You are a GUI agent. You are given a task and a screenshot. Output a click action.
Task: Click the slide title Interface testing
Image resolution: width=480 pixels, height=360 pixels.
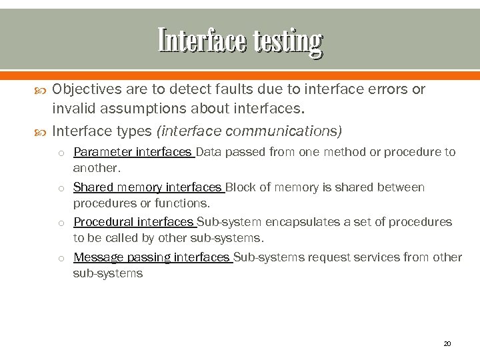pos(240,41)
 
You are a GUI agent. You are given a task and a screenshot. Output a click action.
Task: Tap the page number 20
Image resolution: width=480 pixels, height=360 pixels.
pos(447,343)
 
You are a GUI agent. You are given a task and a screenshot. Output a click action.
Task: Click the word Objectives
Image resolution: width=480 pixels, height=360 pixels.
pos(84,89)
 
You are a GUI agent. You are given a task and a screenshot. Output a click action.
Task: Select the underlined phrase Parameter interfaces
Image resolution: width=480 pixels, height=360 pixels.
pos(132,152)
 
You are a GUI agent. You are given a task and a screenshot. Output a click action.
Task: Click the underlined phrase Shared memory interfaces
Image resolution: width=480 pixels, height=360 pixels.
pos(147,187)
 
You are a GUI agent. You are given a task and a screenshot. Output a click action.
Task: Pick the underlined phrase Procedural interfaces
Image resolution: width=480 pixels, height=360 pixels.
pos(133,222)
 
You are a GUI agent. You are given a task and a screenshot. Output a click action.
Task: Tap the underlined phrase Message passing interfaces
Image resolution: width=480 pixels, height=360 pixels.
pos(151,257)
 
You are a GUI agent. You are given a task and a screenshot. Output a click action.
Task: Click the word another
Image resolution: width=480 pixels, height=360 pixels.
pos(96,168)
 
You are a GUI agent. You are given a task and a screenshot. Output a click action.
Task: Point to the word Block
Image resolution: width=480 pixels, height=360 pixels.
pos(241,187)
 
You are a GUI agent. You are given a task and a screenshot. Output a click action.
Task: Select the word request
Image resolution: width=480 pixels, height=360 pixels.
pos(301,257)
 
